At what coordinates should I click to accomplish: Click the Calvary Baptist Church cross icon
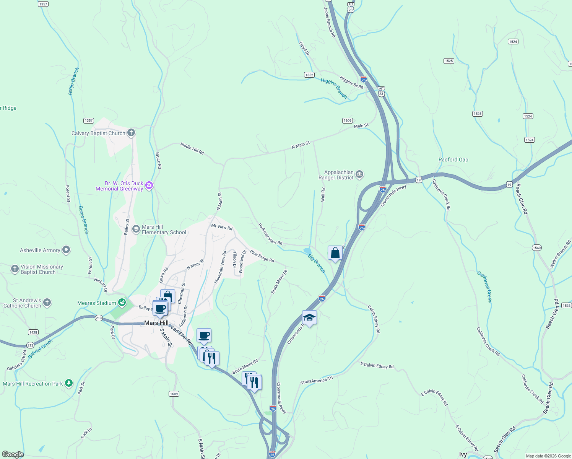[x=131, y=133]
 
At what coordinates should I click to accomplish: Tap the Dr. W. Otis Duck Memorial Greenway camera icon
[x=149, y=186]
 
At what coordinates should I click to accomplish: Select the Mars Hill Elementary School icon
[x=136, y=229]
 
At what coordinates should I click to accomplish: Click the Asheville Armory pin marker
[x=66, y=250]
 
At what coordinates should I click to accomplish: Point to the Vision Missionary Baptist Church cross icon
[x=15, y=269]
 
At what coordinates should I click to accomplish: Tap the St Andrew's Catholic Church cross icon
[x=47, y=303]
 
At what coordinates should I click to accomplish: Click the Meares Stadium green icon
[x=122, y=303]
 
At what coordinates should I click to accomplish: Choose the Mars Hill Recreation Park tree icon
[x=69, y=383]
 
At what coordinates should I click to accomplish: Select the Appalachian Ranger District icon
[x=359, y=175]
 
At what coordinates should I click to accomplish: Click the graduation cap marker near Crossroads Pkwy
[x=309, y=318]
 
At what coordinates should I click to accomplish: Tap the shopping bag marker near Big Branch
[x=335, y=253]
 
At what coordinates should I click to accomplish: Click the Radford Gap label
[x=453, y=160]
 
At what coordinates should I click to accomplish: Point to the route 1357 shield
[x=89, y=120]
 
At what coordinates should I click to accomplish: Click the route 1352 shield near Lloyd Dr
[x=309, y=75]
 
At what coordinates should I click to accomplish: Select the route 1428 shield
[x=33, y=332]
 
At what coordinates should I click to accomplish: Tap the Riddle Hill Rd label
[x=192, y=148]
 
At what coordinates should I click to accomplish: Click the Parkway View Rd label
[x=270, y=234]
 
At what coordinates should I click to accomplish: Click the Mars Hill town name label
[x=156, y=323]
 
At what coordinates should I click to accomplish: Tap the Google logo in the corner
[x=13, y=454]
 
